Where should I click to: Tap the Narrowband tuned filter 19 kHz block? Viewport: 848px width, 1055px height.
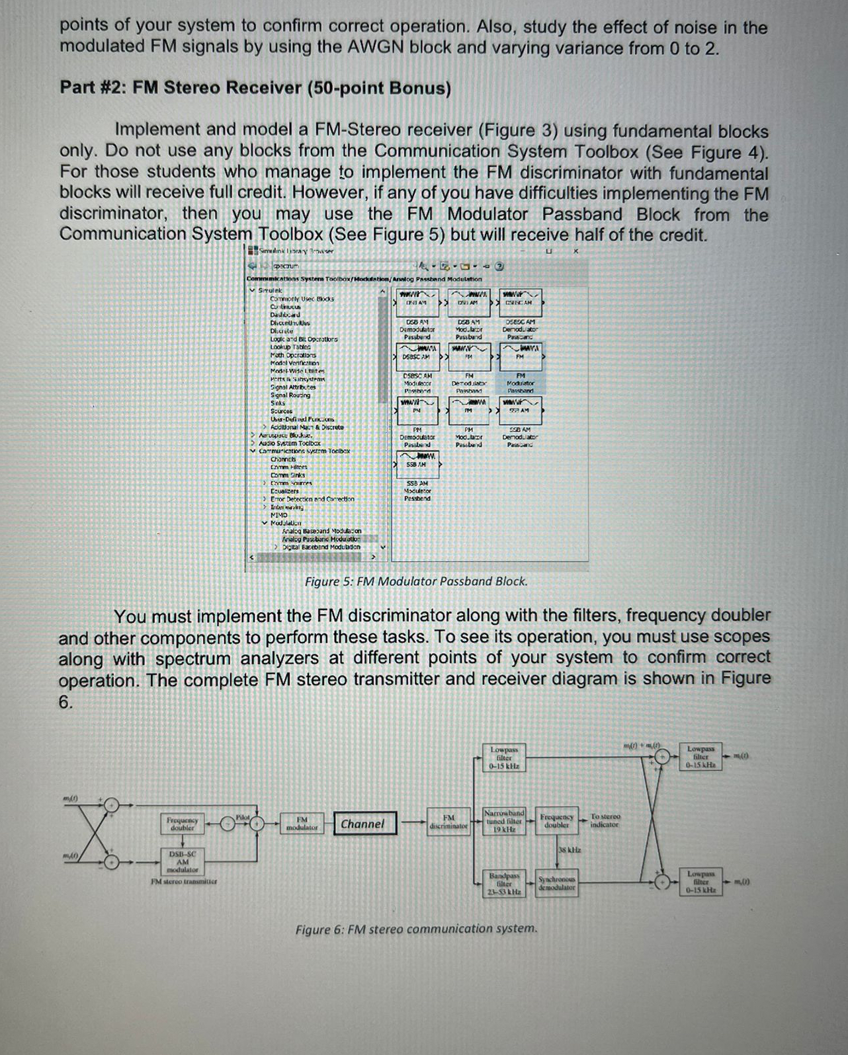[504, 821]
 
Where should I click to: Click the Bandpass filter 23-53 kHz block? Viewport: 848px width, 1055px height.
[504, 883]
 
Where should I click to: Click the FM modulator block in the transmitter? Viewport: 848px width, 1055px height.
[302, 824]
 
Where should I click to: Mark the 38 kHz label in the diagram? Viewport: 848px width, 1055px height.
[570, 850]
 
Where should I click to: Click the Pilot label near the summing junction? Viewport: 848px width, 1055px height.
[243, 817]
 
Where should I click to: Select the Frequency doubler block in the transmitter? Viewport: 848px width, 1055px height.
[182, 824]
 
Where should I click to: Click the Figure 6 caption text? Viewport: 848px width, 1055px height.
[416, 929]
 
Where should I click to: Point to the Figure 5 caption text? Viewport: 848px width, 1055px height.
[416, 582]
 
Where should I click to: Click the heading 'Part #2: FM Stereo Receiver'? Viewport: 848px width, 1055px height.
[255, 88]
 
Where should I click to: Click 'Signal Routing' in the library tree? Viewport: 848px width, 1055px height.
[290, 395]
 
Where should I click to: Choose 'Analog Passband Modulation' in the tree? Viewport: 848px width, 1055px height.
[321, 539]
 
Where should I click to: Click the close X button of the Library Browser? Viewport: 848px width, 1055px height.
[575, 251]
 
